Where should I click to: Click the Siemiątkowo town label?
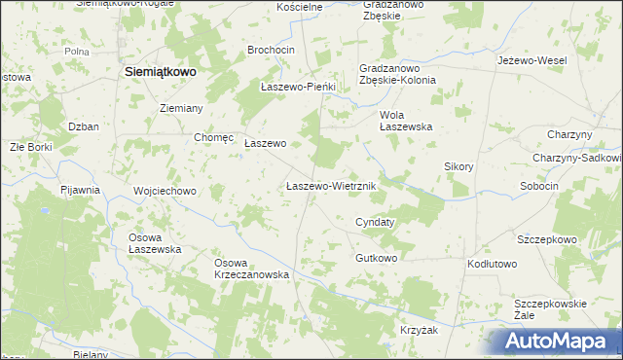(x=162, y=72)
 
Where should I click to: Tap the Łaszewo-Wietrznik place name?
(x=332, y=185)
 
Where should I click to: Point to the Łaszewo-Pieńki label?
(x=298, y=87)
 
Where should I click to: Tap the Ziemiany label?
(x=180, y=108)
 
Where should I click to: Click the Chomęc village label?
(x=214, y=138)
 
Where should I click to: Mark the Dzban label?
(x=84, y=126)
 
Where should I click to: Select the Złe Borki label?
(x=30, y=147)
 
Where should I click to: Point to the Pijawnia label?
(x=80, y=190)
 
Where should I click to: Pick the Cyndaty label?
(x=375, y=222)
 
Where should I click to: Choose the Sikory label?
(x=458, y=166)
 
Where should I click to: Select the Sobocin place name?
(x=539, y=186)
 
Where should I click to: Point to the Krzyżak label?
(x=419, y=331)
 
